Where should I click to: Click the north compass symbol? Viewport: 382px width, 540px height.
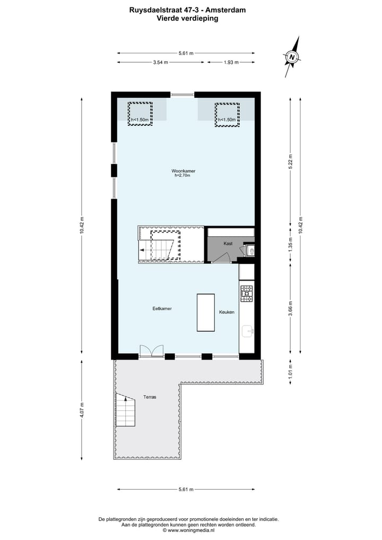coord(292,57)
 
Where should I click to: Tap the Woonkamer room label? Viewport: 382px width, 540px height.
coord(184,171)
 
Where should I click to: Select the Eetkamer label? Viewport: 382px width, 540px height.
coord(162,308)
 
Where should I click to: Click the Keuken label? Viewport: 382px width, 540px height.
coord(227,312)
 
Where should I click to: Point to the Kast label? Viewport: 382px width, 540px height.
coord(228,243)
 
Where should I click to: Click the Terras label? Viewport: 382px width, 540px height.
coord(150,397)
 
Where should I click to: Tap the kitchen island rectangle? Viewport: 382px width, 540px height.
coord(206,312)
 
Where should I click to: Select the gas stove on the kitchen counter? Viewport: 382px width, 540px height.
coord(247,293)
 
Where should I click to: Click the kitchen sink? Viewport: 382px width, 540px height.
coord(247,332)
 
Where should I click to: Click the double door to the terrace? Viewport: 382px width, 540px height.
coord(152,351)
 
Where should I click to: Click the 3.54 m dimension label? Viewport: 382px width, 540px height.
coord(160,62)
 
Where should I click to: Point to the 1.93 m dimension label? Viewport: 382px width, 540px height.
coord(231,62)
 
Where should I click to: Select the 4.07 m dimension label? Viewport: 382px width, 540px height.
coord(82,412)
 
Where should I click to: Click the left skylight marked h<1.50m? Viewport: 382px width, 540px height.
coord(140,114)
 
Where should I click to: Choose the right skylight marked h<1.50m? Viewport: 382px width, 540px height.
coord(227,114)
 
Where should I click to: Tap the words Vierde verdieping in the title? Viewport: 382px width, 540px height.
coord(187,18)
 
